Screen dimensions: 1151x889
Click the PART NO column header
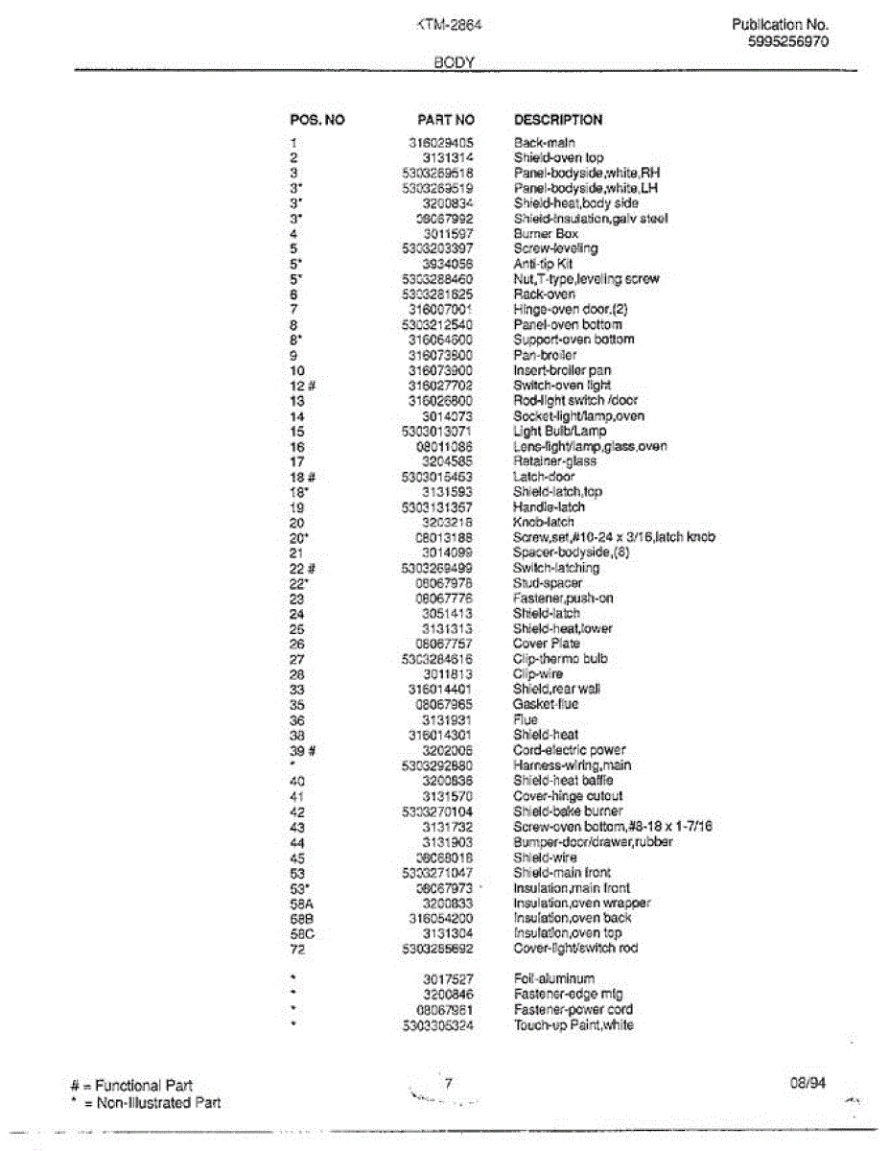coord(446,120)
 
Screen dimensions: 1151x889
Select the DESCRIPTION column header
coord(558,120)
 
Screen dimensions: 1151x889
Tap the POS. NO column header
coord(316,120)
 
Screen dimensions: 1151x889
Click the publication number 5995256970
coord(787,41)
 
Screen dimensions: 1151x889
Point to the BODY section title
coord(456,61)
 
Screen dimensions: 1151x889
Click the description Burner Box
coord(546,233)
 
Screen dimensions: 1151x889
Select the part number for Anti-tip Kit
coord(448,264)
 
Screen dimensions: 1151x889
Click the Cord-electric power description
coord(570,750)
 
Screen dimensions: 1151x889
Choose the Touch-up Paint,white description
coord(573,1025)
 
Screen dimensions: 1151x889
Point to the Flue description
coord(526,719)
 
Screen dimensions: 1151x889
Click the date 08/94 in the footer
coord(804,1084)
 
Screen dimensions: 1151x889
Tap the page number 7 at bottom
coord(447,1083)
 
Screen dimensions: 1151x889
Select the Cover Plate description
coord(547,644)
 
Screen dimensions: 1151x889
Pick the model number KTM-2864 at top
coord(449,26)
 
